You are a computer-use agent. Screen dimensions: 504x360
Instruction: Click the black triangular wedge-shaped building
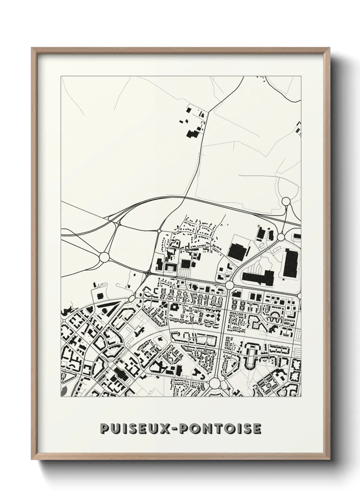tap(110, 308)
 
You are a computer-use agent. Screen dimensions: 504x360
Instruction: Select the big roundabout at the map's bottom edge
tap(215, 383)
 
